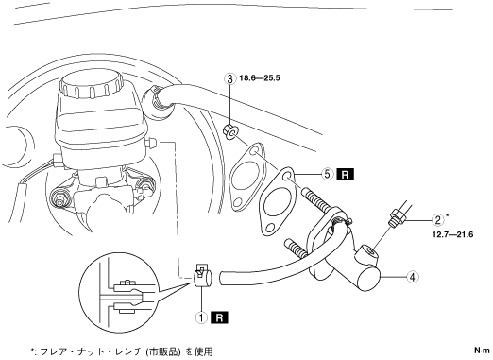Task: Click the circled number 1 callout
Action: (x=201, y=317)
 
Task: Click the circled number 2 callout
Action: (x=437, y=220)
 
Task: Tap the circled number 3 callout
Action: (x=229, y=78)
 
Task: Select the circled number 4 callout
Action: (x=413, y=277)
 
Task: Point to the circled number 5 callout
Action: (x=327, y=174)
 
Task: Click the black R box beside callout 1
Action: (x=220, y=317)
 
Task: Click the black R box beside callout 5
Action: (x=346, y=174)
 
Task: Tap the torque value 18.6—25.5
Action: (x=260, y=77)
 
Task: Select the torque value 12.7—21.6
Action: (x=452, y=234)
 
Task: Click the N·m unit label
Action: (x=482, y=351)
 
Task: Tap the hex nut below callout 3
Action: (x=230, y=131)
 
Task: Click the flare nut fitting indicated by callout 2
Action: (x=397, y=218)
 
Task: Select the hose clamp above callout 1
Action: (x=202, y=275)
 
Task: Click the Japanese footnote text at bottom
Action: (x=122, y=351)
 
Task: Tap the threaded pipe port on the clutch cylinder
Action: (x=367, y=253)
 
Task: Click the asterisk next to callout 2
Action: (x=448, y=216)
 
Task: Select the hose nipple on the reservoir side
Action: (x=152, y=144)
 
